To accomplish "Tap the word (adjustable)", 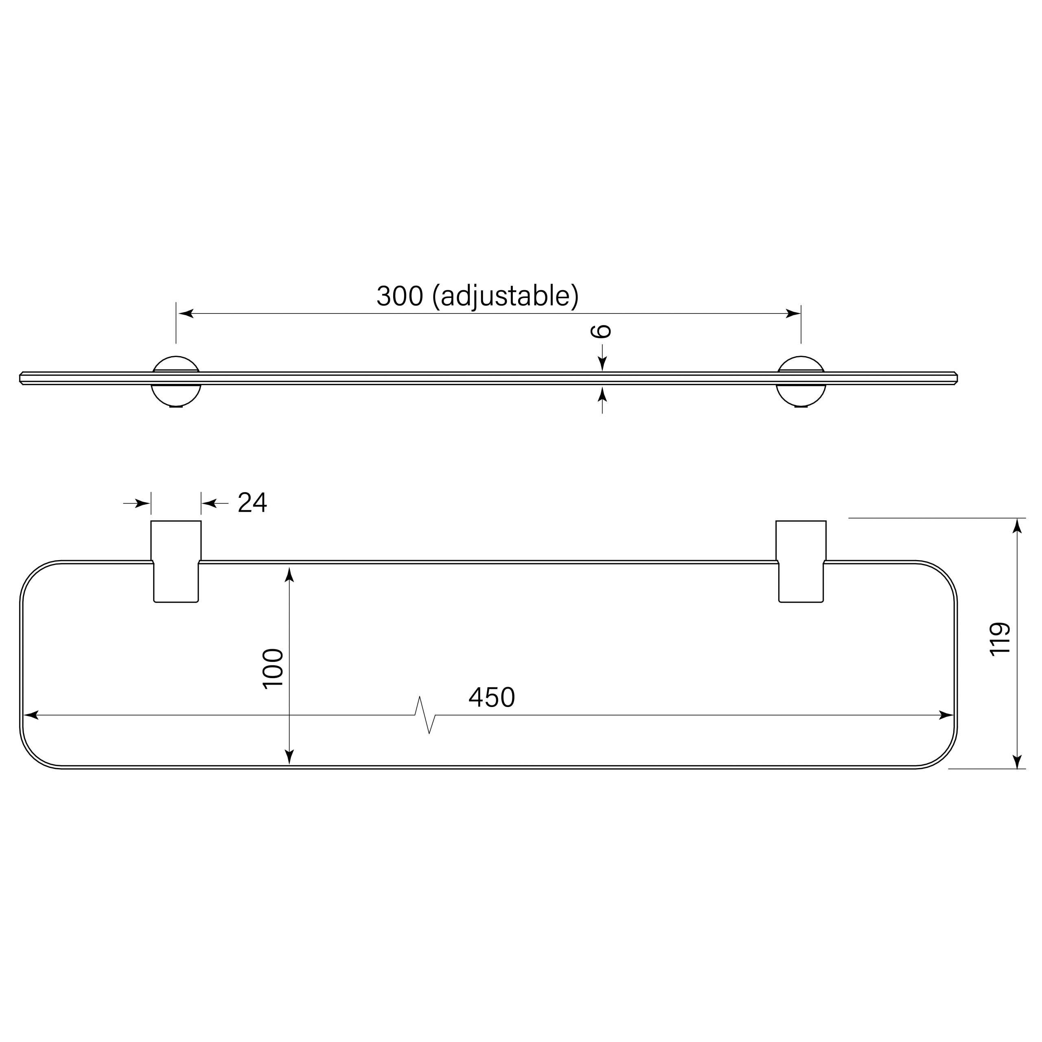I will point(506,297).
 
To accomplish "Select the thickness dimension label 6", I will point(602,331).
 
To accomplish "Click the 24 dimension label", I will point(252,503).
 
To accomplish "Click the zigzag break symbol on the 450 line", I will point(425,716).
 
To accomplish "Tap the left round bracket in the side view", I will point(176,381).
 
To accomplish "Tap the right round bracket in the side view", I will point(801,381).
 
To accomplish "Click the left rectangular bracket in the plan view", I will point(176,561).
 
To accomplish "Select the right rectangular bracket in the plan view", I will point(801,561).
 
